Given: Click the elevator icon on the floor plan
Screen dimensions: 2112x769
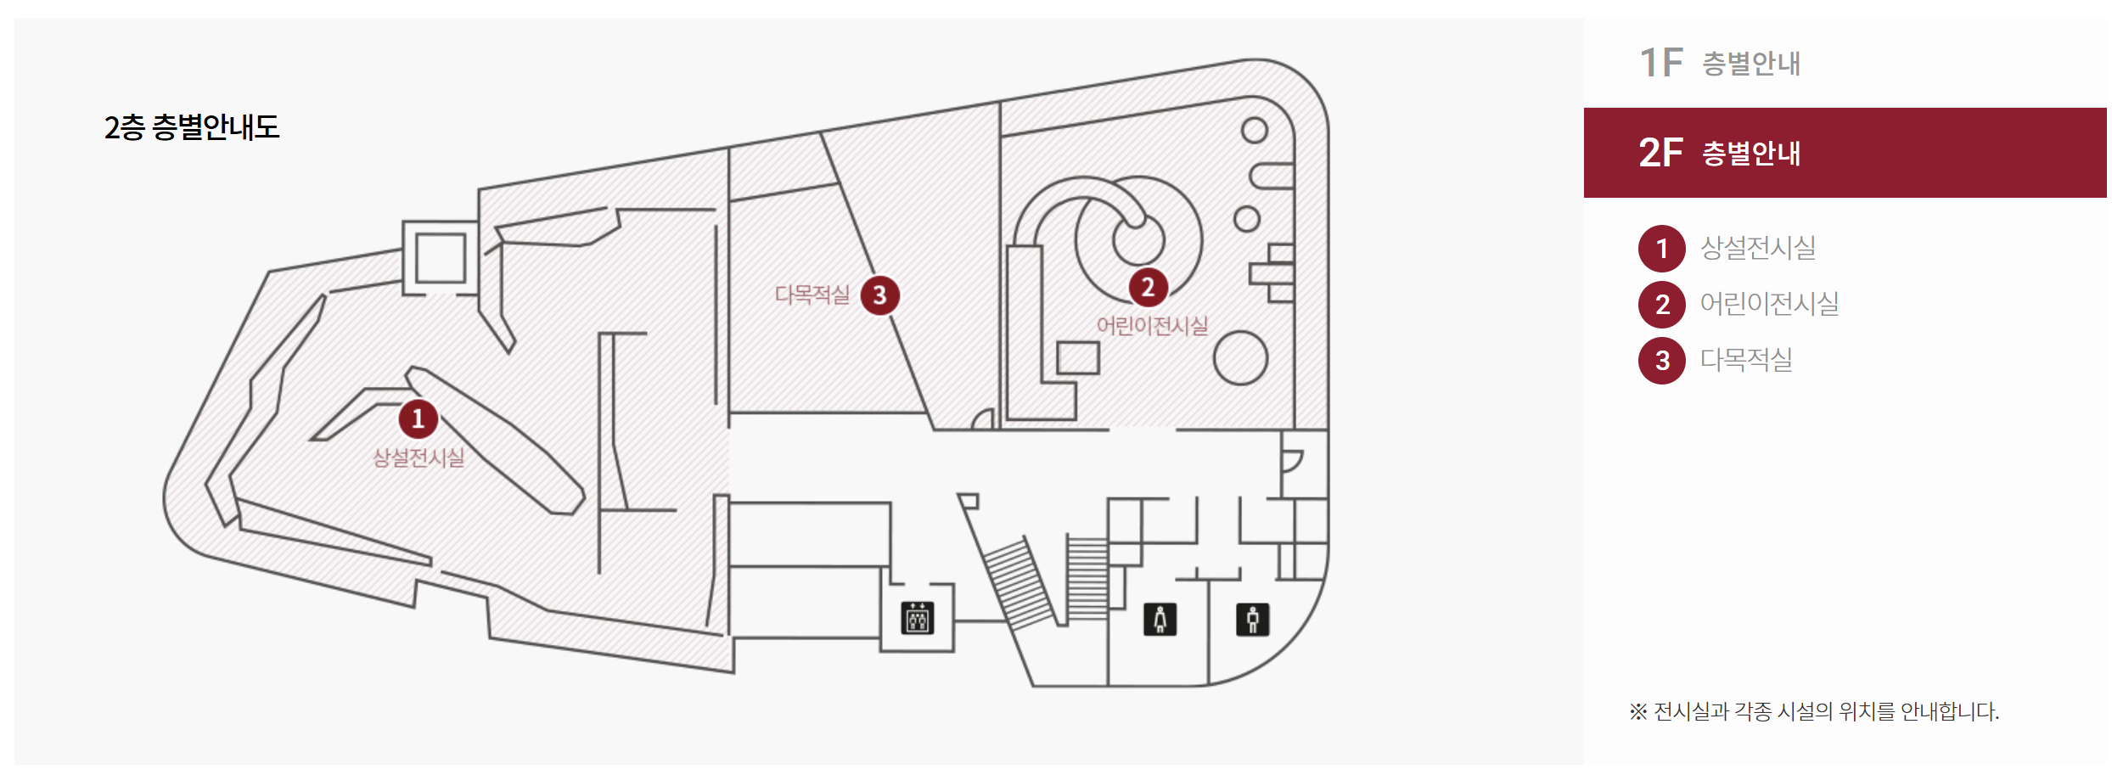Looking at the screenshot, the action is (x=917, y=618).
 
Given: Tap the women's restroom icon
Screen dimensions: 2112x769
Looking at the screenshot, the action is (x=1160, y=620).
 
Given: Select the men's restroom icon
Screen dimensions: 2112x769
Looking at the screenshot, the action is (x=1252, y=620).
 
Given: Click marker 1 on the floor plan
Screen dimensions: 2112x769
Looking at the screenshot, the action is (x=418, y=418).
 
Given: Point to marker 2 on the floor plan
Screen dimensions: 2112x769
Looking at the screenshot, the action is (x=1148, y=287).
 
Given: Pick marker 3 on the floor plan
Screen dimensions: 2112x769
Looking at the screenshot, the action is (x=879, y=295).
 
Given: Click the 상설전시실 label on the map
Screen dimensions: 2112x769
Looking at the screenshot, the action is (x=418, y=457).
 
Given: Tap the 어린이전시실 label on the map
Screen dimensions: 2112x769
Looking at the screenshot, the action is (x=1152, y=326).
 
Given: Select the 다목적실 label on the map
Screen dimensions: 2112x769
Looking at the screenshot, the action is (x=812, y=295).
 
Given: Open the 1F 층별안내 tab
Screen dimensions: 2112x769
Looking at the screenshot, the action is (x=1719, y=63).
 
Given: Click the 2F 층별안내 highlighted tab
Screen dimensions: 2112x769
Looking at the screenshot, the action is (x=1845, y=153).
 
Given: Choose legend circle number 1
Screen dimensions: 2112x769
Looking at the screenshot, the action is (x=1661, y=249).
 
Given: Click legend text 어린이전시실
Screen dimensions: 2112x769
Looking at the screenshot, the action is (x=1769, y=304).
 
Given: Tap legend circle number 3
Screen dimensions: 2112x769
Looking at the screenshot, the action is (x=1661, y=361).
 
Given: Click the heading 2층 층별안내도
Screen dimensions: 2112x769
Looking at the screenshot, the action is (x=192, y=127).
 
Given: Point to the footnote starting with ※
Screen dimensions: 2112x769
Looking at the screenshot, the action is (x=1814, y=711).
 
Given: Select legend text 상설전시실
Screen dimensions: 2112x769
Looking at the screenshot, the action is (x=1758, y=248).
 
